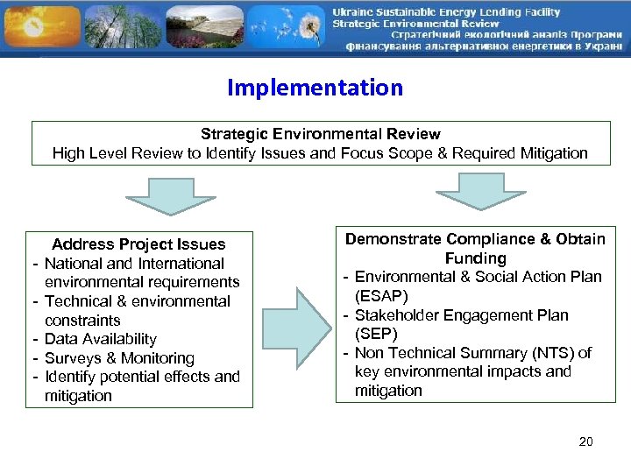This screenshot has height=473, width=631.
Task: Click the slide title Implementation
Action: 315,88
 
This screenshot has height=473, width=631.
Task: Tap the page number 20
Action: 586,441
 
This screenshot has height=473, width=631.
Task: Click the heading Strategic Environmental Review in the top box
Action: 320,134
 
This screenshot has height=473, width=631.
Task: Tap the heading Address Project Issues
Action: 138,244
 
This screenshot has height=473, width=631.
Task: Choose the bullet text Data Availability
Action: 100,339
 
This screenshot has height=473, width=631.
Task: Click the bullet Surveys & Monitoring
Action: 119,358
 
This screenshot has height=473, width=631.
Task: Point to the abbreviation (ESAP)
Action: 381,296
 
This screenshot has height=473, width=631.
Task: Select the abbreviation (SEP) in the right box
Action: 376,334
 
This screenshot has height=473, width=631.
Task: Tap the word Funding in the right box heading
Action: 475,258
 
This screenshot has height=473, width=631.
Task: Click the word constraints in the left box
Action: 82,321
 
